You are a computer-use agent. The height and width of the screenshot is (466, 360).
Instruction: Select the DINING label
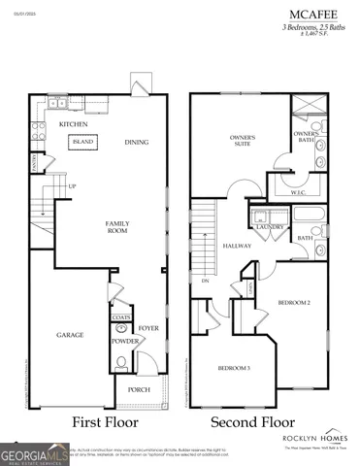pyautogui.click(x=136, y=143)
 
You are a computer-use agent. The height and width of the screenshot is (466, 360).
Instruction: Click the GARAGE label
pyautogui.click(x=69, y=335)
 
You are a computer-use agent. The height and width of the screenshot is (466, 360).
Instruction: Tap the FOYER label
pyautogui.click(x=147, y=329)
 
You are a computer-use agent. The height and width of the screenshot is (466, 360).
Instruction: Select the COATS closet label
pyautogui.click(x=121, y=316)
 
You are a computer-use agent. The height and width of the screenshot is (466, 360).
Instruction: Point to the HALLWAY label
pyautogui.click(x=237, y=246)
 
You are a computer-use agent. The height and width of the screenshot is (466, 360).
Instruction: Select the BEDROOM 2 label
pyautogui.click(x=294, y=303)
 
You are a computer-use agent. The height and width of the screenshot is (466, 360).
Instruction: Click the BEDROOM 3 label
pyautogui.click(x=234, y=369)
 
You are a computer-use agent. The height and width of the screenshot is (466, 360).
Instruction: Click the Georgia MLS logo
pyautogui.click(x=35, y=453)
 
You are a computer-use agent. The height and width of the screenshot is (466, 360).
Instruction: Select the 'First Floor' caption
pyautogui.click(x=107, y=423)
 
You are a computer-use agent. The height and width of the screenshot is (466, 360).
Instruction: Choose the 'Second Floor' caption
pyautogui.click(x=253, y=423)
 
